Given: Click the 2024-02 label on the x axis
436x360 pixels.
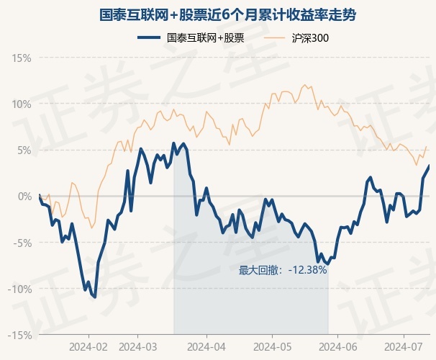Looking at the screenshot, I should pos(88,346).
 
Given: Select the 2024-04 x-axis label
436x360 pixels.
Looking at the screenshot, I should pos(206,346).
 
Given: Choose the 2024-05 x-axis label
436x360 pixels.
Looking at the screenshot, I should pos(272,346).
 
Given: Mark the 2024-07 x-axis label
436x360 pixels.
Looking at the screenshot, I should pos(404,346).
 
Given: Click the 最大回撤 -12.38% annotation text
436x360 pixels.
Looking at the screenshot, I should pos(283,271).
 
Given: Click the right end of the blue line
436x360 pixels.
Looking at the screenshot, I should pos(429,166).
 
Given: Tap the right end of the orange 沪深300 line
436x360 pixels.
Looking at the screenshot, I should pos(427,146).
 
